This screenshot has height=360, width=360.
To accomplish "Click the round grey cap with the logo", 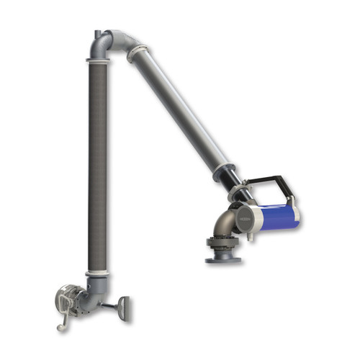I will [246, 216].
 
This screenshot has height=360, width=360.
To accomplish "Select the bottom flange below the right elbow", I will [223, 258].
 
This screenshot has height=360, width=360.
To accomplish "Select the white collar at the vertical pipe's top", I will [99, 62].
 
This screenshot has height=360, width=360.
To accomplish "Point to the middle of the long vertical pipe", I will [98, 166].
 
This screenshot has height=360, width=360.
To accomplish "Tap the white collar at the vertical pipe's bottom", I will [98, 274].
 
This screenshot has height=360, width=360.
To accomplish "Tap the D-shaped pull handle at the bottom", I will [125, 307].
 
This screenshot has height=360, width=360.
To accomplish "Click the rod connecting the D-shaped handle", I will [110, 305].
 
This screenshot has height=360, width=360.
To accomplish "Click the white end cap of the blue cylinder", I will [296, 216].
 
